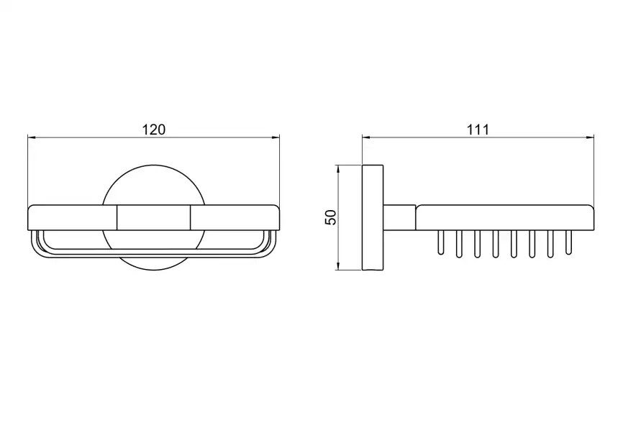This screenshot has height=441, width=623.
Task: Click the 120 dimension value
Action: (x=154, y=129)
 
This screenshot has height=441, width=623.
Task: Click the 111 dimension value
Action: (x=478, y=129)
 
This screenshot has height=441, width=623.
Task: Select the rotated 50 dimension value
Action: (x=331, y=217)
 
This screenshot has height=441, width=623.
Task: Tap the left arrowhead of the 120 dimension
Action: (x=32, y=138)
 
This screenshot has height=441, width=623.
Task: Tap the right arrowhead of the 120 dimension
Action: (x=275, y=138)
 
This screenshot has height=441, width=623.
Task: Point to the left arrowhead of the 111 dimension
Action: (x=367, y=138)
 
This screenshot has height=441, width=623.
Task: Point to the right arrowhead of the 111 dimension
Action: (x=590, y=138)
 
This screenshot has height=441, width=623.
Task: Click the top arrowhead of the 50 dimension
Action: (x=338, y=169)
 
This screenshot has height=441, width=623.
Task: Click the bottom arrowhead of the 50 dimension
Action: (x=338, y=265)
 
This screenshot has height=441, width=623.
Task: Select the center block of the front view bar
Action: (x=153, y=217)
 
